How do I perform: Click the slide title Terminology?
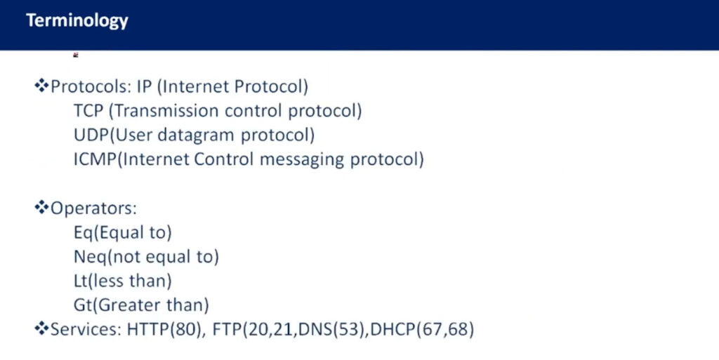[77, 20]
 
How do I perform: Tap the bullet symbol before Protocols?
[41, 86]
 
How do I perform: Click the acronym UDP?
[92, 135]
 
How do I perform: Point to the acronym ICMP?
[95, 159]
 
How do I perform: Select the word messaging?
[303, 160]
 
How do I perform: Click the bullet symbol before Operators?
[41, 208]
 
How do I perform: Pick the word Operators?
[93, 208]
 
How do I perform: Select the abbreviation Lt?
[80, 281]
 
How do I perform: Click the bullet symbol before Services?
[41, 328]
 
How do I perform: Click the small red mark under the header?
[76, 55]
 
